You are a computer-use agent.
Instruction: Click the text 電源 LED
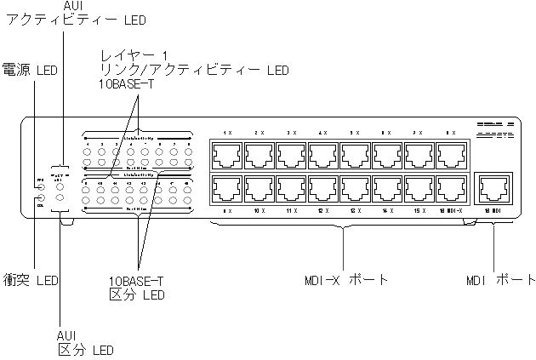(30, 69)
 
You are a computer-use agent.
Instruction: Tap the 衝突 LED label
(31, 279)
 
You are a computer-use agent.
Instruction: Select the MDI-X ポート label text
(344, 279)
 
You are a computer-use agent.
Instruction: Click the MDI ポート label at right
(502, 279)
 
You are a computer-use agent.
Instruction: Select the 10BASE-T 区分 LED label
(136, 287)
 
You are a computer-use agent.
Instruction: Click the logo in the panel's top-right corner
(494, 130)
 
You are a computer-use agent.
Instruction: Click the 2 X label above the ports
(259, 134)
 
